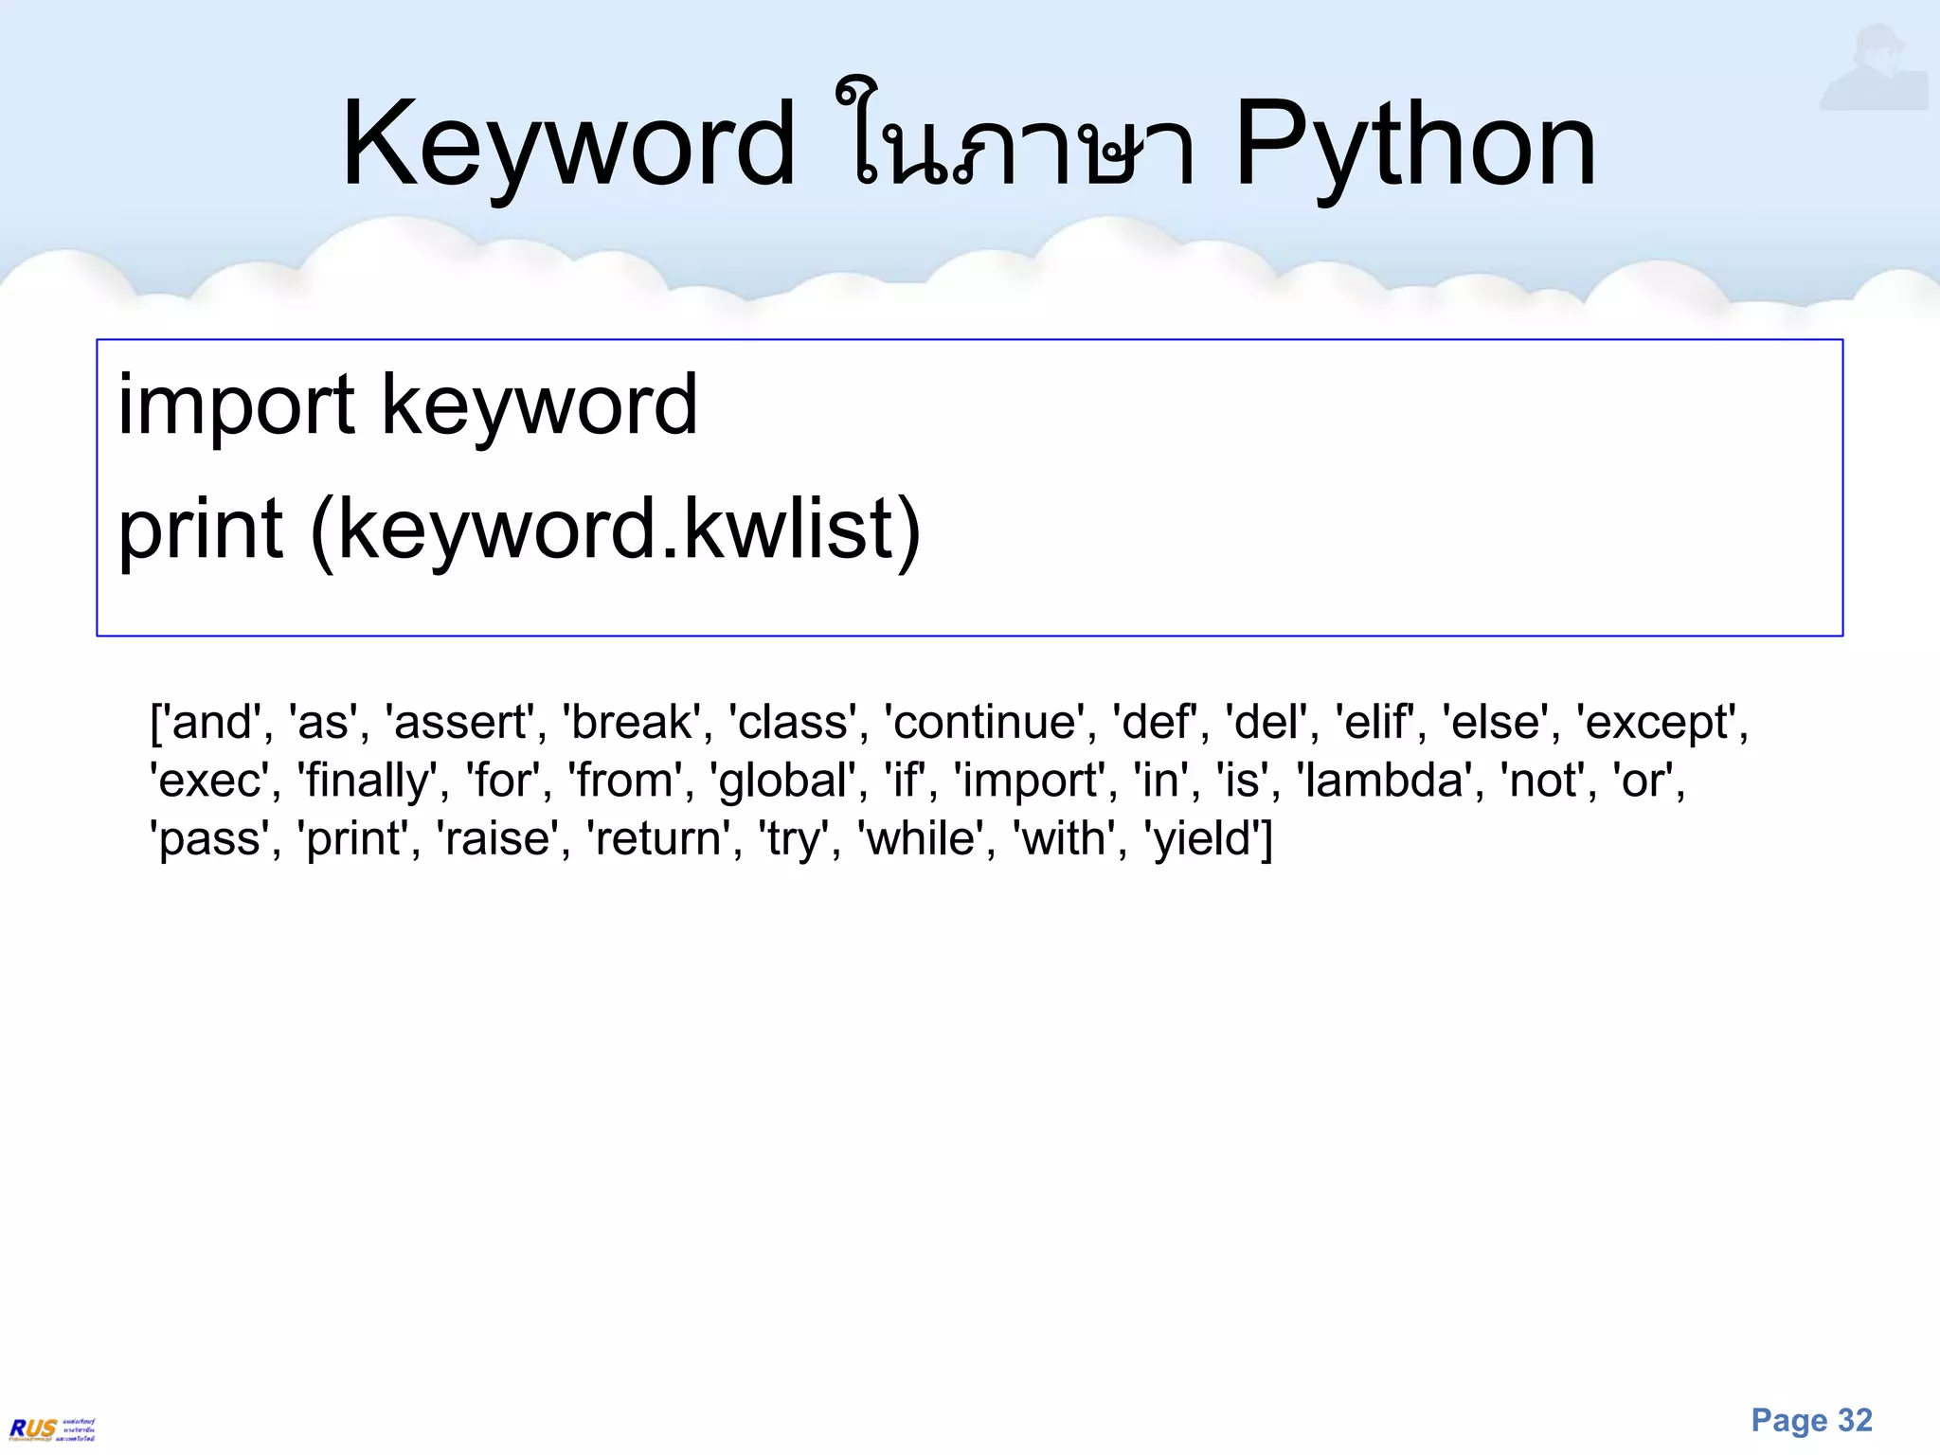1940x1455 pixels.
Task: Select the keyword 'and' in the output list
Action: [212, 723]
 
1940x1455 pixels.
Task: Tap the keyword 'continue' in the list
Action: [985, 723]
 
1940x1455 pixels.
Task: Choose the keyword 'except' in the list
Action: [1659, 723]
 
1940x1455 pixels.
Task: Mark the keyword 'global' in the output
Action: [782, 781]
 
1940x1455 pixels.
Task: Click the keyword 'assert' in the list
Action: [459, 723]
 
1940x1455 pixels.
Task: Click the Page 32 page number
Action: [1811, 1421]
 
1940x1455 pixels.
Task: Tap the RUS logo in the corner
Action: [52, 1428]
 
